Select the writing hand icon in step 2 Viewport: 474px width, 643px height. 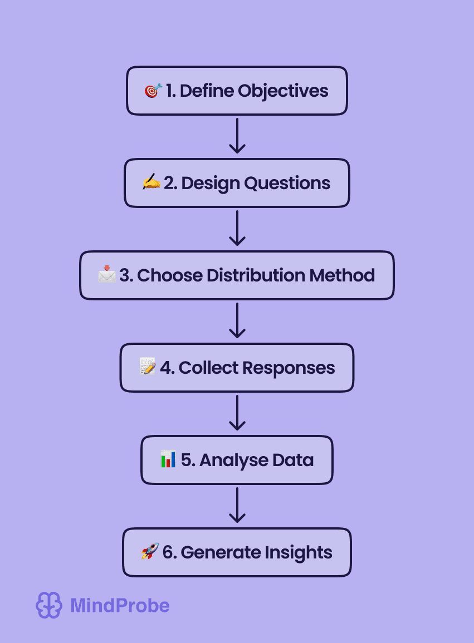point(152,182)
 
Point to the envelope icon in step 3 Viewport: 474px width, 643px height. point(107,275)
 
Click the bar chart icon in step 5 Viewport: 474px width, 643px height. point(168,459)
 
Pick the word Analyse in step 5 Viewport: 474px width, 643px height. point(225,460)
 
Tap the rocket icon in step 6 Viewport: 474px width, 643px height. point(150,552)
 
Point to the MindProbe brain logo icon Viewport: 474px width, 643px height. point(49,605)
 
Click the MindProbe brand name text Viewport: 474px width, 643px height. point(120,605)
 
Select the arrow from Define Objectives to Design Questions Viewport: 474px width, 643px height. point(237,136)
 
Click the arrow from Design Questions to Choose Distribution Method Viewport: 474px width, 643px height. point(237,228)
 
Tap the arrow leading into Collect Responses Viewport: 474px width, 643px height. point(237,320)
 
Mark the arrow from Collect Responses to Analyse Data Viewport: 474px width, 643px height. point(237,413)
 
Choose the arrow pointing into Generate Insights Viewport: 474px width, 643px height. point(237,505)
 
